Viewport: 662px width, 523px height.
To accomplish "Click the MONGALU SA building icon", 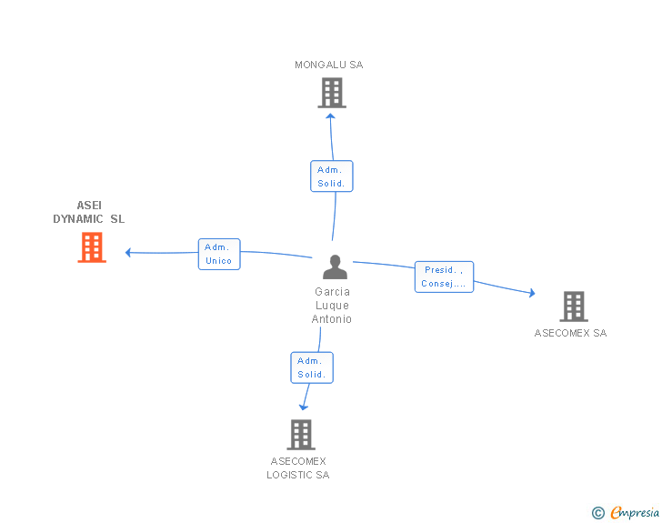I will coord(332,93).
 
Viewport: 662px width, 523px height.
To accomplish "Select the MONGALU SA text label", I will coord(329,65).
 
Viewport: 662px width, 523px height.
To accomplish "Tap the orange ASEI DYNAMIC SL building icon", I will coord(92,247).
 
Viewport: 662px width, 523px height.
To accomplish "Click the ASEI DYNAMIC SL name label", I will coord(89,212).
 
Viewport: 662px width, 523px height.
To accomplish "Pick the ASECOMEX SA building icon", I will coord(574,307).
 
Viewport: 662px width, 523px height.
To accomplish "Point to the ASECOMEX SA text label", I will coord(570,333).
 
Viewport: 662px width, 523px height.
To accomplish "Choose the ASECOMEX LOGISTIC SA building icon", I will coord(301,435).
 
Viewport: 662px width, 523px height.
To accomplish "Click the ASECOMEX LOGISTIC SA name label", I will coord(298,468).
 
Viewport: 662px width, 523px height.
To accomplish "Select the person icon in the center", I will coord(335,267).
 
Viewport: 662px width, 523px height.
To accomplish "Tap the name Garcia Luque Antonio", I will coord(332,306).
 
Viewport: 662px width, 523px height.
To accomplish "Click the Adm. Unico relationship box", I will coord(219,254).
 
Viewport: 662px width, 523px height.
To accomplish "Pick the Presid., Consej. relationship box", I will coord(444,277).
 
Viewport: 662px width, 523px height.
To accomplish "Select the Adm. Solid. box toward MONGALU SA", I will coord(331,176).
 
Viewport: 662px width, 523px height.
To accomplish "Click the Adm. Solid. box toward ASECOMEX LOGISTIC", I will coord(312,367).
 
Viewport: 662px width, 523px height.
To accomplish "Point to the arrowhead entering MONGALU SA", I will coord(331,115).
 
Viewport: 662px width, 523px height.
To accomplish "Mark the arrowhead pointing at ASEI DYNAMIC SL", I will coord(129,252).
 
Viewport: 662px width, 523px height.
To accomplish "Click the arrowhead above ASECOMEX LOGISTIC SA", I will coord(305,406).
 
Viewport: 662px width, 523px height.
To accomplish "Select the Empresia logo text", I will coord(635,512).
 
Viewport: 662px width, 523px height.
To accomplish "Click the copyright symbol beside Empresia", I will coord(598,513).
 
